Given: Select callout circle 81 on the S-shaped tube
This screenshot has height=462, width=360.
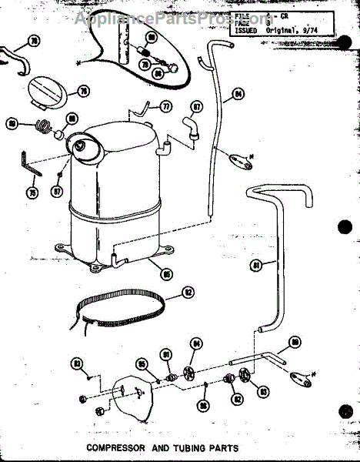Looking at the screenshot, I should coord(256,266).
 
